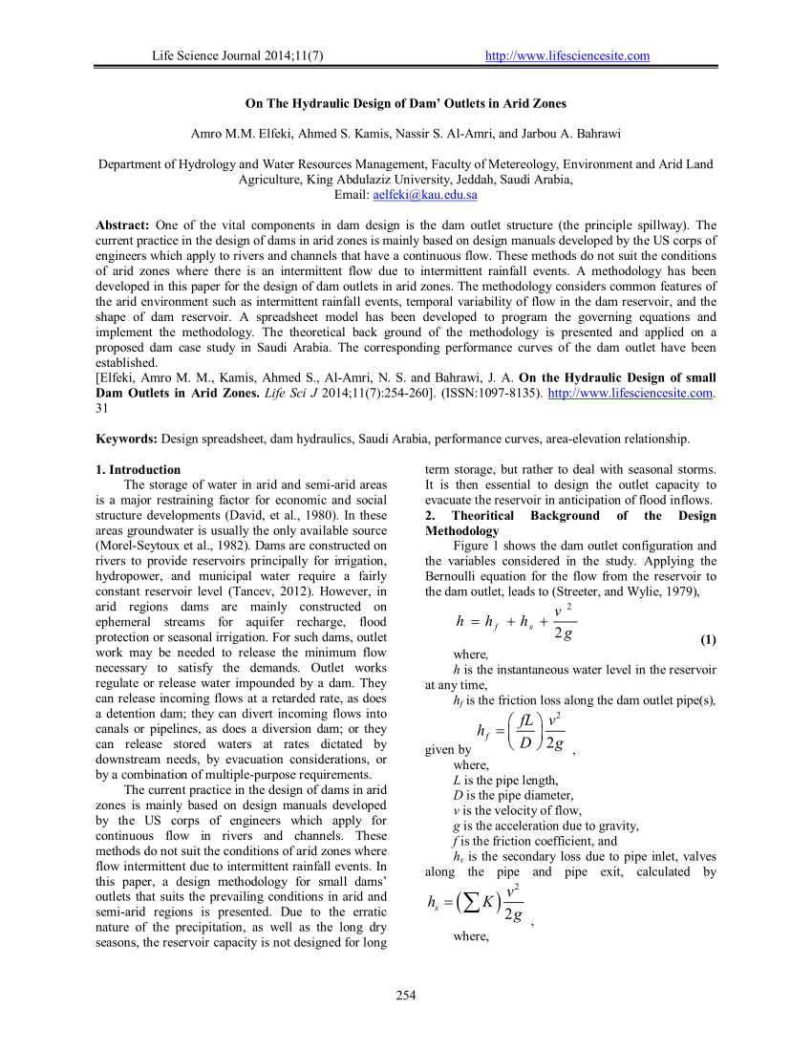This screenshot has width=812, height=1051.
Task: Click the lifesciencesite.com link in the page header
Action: [x=567, y=55]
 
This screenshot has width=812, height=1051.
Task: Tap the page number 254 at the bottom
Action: [x=406, y=997]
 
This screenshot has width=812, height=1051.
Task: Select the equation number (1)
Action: [x=708, y=638]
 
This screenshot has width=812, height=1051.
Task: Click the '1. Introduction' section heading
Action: [x=139, y=469]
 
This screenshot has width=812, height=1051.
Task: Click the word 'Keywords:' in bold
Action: [x=127, y=439]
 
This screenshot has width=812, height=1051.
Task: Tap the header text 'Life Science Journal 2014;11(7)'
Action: [x=238, y=55]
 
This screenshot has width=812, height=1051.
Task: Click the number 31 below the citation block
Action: [x=103, y=408]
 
